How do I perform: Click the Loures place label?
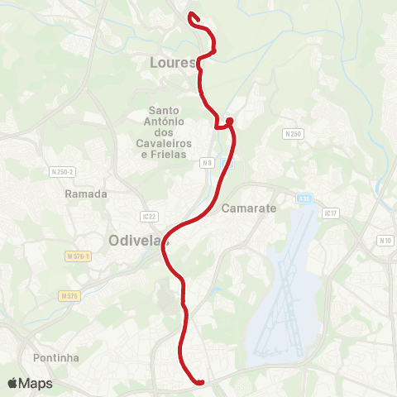pos(172,63)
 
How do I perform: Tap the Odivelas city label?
pos(137,241)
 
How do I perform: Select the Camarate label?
pos(246,208)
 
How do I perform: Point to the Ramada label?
pos(86,194)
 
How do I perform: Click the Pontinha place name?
pos(56,358)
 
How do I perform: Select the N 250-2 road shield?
pos(62,172)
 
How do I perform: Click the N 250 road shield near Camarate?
pos(293,133)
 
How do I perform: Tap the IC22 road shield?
pos(149,216)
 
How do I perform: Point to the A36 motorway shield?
pos(304,198)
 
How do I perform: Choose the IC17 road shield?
pos(331,213)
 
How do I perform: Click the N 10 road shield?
pos(385,241)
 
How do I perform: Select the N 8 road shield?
pos(208,164)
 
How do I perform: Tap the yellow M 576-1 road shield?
pos(78,258)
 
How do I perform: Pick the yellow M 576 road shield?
pos(69,295)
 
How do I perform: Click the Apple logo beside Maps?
pos(12,383)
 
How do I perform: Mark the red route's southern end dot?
pos(199,381)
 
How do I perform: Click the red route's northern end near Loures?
pos(191,15)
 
